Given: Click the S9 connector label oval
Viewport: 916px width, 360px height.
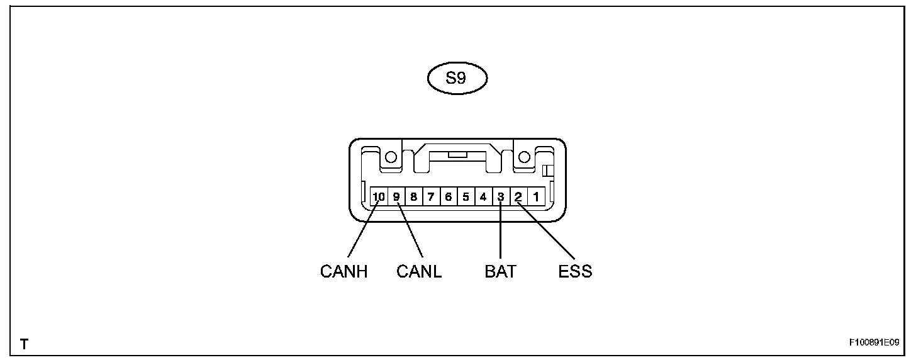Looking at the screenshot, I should click(x=457, y=80).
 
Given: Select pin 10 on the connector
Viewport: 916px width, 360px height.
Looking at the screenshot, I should click(x=379, y=197).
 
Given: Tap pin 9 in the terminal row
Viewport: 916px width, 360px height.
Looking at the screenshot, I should click(x=396, y=197).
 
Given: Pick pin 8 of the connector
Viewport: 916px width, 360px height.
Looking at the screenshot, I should click(x=413, y=197).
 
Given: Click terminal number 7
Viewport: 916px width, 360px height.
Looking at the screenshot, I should click(x=431, y=197).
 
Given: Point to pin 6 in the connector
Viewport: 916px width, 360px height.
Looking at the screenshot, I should click(x=448, y=197).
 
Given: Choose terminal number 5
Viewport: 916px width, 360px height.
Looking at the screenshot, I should click(x=466, y=197).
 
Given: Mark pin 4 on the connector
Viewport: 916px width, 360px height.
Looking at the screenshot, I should click(x=483, y=197).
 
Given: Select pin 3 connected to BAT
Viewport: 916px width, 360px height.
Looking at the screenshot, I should click(x=501, y=197).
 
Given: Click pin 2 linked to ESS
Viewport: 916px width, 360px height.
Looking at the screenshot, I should click(x=518, y=197).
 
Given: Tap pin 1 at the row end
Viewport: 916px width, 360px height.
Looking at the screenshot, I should click(x=535, y=197).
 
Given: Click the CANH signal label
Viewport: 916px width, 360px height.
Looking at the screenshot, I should click(x=343, y=272).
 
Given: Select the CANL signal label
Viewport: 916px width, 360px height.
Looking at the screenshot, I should click(x=419, y=272).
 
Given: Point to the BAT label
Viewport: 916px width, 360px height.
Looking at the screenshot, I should click(x=500, y=272).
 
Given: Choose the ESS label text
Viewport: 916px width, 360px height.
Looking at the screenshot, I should click(x=575, y=272).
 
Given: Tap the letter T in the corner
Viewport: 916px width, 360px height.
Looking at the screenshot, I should click(x=24, y=344).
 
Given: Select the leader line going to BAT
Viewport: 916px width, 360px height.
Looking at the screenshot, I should click(x=501, y=233).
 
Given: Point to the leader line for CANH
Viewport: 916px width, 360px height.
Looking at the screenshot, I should click(x=360, y=233).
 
